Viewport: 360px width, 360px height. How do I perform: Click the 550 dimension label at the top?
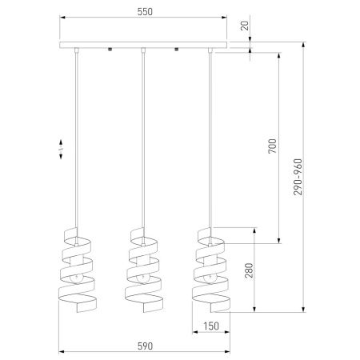click(x=145, y=12)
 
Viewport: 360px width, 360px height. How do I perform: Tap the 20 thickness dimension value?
click(x=245, y=26)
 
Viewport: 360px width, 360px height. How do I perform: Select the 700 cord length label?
click(x=273, y=146)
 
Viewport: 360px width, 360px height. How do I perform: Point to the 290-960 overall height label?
click(x=298, y=177)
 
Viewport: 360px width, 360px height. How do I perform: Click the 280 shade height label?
click(x=249, y=270)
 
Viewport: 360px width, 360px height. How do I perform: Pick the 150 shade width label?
click(x=211, y=326)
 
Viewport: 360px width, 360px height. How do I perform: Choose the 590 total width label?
click(x=146, y=346)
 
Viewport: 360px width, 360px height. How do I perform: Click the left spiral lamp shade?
click(x=77, y=270)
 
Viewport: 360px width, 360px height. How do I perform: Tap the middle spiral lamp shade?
click(x=143, y=270)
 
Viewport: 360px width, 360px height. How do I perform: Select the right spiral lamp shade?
click(x=210, y=270)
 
